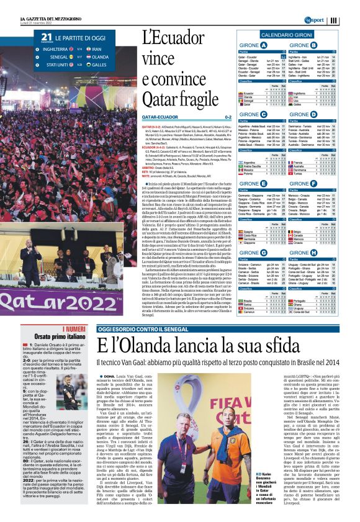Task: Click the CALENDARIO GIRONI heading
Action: (286, 35)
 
